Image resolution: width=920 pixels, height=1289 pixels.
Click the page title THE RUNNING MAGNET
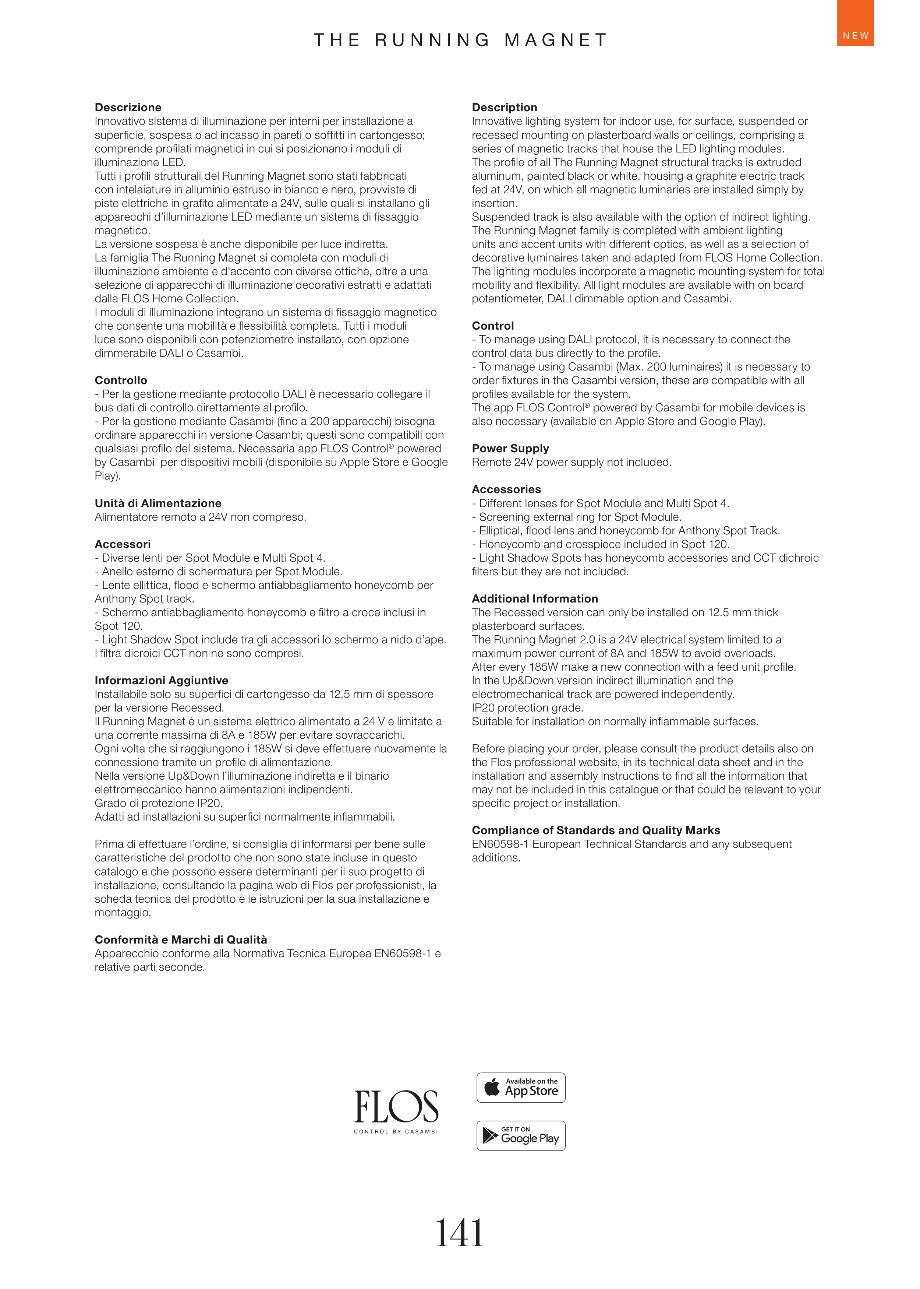point(460,40)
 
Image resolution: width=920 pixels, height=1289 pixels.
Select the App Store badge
point(521,1087)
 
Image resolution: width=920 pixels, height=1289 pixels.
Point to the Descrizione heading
point(128,108)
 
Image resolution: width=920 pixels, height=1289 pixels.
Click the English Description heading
point(504,108)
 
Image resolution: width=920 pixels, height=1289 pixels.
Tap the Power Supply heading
point(510,448)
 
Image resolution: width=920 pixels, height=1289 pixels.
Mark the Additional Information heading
point(535,598)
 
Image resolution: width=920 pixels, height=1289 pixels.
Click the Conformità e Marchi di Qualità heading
point(181,939)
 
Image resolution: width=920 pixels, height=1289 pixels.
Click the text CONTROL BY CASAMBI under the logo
point(396,1131)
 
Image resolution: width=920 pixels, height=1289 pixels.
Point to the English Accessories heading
point(506,489)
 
